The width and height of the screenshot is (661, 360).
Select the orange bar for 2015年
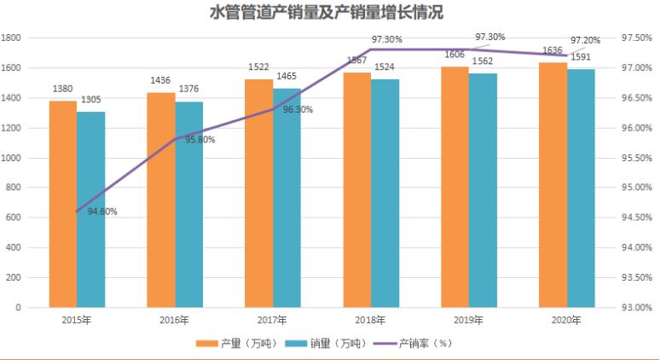pos(62,205)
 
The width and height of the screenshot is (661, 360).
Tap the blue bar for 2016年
pos(189,205)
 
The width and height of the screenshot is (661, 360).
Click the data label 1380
pos(63,90)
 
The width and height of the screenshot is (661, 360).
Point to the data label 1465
pos(287,77)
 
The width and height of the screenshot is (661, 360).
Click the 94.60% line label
pos(102,211)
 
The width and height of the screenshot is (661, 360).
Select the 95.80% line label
pos(200,139)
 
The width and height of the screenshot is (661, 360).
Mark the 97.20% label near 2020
pos(585,40)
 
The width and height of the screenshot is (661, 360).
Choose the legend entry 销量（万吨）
pos(326,344)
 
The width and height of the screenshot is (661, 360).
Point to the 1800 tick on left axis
pos(11,38)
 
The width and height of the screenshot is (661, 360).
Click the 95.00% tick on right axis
pos(637,188)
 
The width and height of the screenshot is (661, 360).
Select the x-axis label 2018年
pos(371,321)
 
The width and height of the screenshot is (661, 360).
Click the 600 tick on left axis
pos(14,218)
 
